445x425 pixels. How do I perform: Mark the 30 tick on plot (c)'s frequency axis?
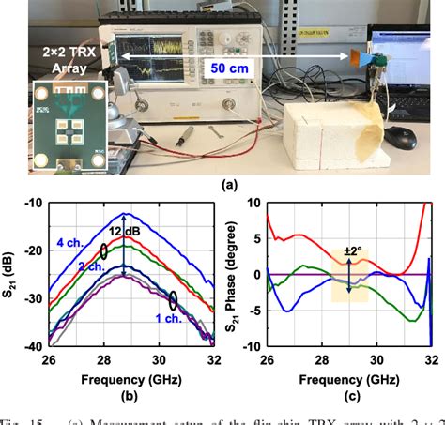(376, 359)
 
